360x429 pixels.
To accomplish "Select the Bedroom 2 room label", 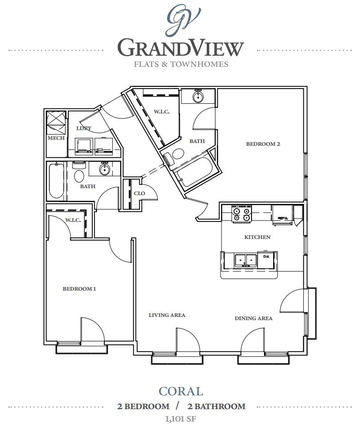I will pos(263,144).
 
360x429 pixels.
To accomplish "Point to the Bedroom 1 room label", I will pos(79,289).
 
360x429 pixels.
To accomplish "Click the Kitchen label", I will pos(257,237).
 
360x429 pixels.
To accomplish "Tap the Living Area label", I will pos(167,315).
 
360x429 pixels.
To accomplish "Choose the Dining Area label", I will pos(253,318).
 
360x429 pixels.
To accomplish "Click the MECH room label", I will pos(56,138).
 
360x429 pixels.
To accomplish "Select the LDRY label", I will pos(84,128).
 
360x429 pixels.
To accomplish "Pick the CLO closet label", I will pos(139,193).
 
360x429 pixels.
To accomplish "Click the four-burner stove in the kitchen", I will pos(241,214).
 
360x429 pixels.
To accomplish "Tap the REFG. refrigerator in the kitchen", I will pos(282,217).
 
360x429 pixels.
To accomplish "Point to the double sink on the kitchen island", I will pos(246,261).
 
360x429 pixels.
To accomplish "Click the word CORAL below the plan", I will pos(180,392).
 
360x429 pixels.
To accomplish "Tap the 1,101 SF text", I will pos(180,419).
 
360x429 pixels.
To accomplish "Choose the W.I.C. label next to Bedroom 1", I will pos(73,220).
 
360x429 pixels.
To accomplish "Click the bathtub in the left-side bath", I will pos(56,181).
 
